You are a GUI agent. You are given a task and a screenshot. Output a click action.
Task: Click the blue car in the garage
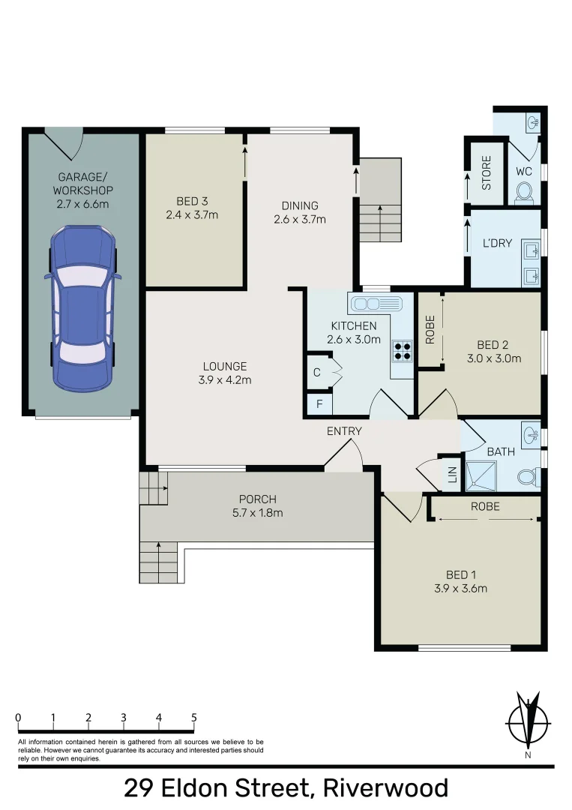[x=82, y=308]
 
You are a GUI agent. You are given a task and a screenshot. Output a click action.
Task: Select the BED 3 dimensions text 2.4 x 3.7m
[x=192, y=215]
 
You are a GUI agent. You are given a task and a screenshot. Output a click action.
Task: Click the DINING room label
[x=300, y=205]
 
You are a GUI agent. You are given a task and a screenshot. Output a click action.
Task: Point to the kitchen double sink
[x=375, y=304]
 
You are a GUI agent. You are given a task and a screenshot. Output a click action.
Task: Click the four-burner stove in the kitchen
[x=402, y=352]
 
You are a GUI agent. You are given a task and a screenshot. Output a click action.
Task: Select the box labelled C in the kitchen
[x=316, y=373]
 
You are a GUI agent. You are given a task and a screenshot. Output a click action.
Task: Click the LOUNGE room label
[x=225, y=366]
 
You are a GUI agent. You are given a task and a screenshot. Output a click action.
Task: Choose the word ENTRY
[x=344, y=431]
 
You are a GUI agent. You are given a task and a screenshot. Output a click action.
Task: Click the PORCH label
[x=257, y=499]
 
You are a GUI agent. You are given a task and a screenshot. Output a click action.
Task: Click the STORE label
[x=486, y=172]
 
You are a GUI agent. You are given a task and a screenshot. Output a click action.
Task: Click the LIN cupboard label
[x=451, y=475]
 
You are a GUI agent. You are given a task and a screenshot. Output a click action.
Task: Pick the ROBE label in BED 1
[x=484, y=506]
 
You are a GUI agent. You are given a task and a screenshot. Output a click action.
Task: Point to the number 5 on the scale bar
[x=194, y=718]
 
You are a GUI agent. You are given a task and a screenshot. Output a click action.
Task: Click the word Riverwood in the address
[x=385, y=788]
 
